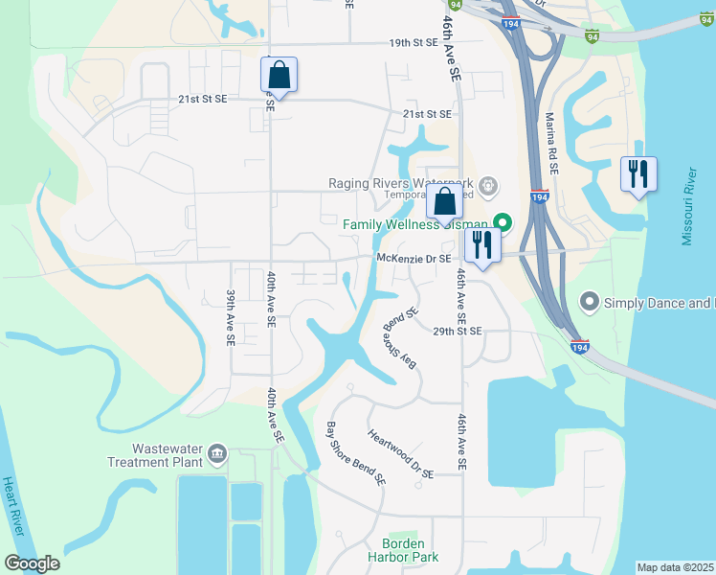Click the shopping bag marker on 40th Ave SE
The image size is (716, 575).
coord(279,74)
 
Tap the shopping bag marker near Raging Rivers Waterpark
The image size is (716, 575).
coord(445,203)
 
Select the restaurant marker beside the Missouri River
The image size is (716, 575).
coord(638,174)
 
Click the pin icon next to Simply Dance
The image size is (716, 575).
coord(589,303)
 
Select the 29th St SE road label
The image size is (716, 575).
coord(457,331)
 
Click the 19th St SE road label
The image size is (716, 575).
coord(413,42)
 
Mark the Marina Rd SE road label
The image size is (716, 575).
coord(551,142)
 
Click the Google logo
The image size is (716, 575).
coord(32,563)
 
